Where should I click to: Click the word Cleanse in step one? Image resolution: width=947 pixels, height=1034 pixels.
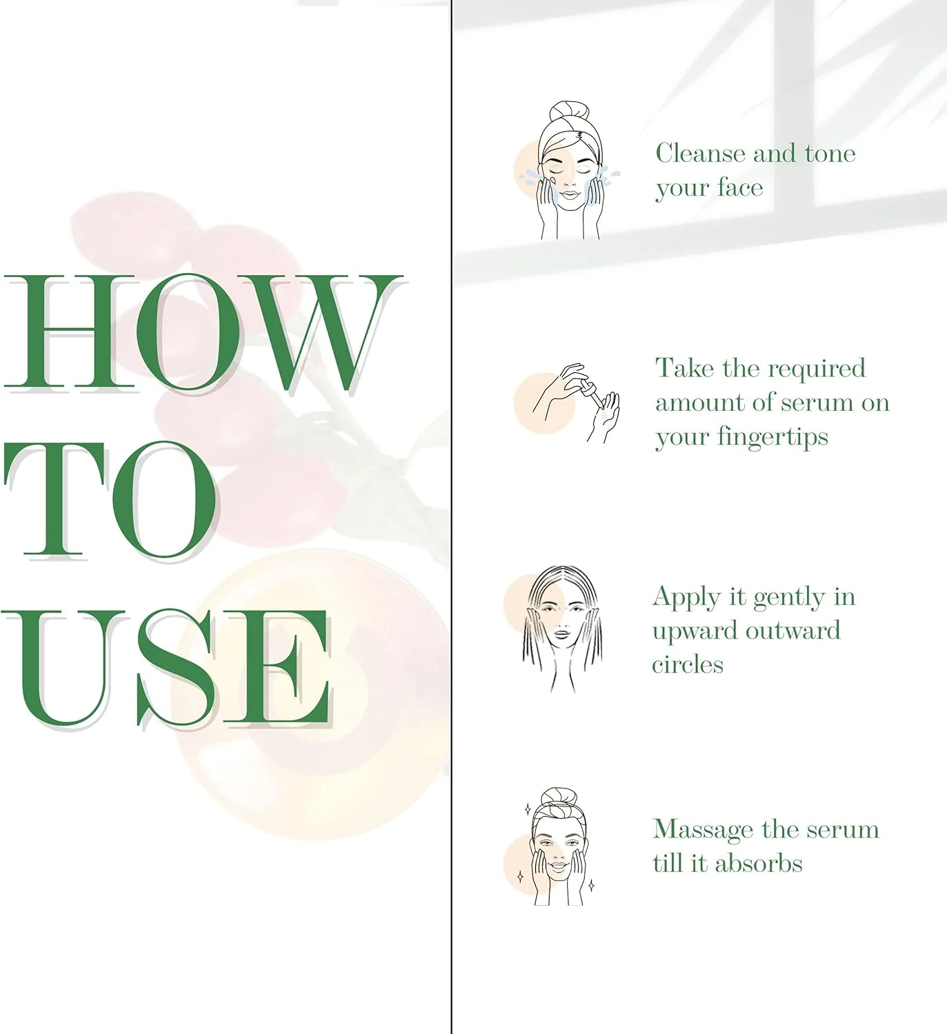[x=701, y=153]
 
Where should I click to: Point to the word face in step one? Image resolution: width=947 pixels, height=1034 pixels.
[x=739, y=187]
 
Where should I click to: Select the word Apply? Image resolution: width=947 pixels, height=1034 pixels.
[x=686, y=598]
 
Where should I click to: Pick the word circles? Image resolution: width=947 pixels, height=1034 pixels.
[x=688, y=664]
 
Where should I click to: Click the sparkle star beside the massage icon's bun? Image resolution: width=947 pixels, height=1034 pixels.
[x=527, y=809]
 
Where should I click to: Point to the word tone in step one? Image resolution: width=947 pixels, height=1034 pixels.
[x=830, y=153]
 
